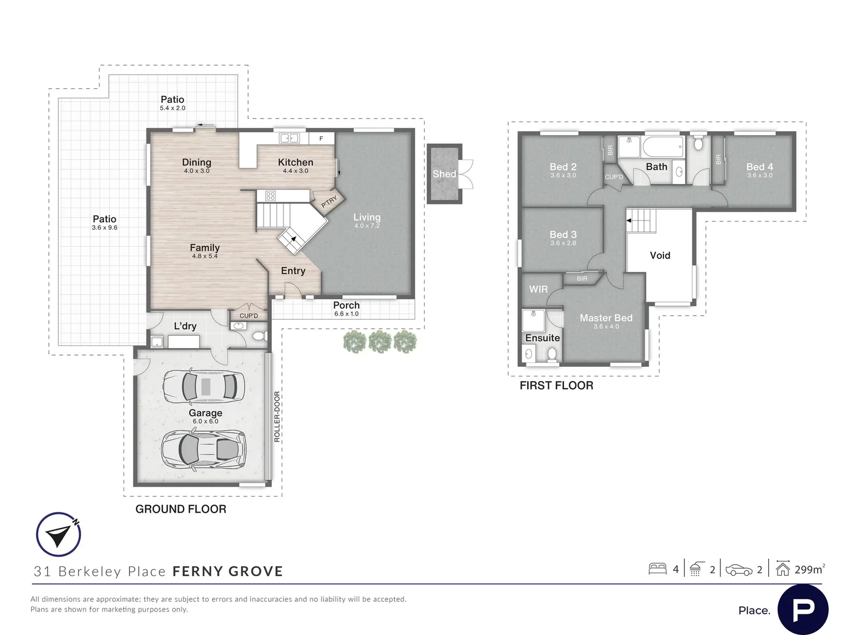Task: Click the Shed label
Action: coord(444,174)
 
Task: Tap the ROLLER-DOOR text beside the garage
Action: coord(276,417)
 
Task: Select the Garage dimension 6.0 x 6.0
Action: coord(205,422)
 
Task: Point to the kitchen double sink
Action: coord(289,138)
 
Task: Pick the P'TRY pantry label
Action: coord(329,201)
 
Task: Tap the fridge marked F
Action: coord(321,138)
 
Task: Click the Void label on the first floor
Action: coord(660,255)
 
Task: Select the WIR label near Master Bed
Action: coord(538,289)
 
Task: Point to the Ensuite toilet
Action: coord(552,354)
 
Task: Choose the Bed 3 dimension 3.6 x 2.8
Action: coord(563,243)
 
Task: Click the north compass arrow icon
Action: coord(59,534)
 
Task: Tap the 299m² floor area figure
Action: coord(809,569)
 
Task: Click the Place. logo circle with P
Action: coord(803,610)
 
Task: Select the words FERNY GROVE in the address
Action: coord(228,571)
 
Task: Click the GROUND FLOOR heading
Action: coord(181,509)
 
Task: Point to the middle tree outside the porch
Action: coord(380,342)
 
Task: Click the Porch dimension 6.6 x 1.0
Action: coord(346,314)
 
